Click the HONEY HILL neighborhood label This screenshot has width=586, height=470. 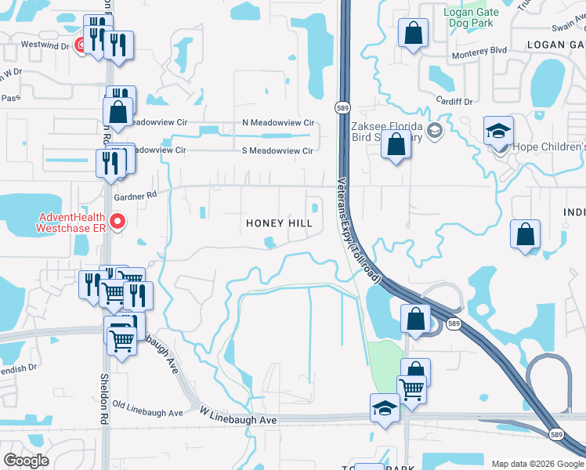(x=280, y=223)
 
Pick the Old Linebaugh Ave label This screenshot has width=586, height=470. (x=146, y=408)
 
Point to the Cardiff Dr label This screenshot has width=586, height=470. (x=455, y=102)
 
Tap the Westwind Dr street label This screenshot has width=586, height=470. (x=41, y=45)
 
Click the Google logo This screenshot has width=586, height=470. (x=26, y=461)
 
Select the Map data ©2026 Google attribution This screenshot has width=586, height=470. (x=537, y=464)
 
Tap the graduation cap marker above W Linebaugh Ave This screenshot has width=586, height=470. (x=384, y=408)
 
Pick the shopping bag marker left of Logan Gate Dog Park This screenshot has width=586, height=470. (x=412, y=33)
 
